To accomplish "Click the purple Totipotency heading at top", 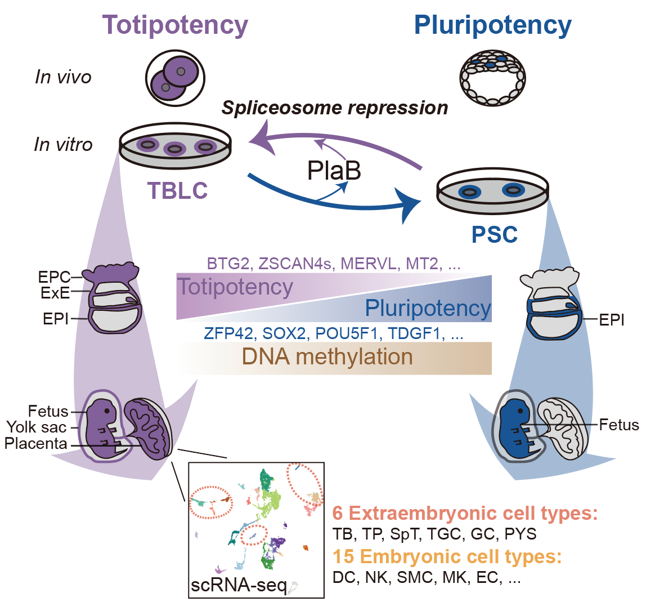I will pos(175,25).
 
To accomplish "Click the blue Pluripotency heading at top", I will pos(492,25).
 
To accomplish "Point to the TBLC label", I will pos(177,191).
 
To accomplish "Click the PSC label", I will pos(495,235).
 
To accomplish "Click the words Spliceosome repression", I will pos(335,108).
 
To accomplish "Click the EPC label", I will pos(54,277).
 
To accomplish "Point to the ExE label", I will pos(55,292).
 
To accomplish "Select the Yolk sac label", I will pos(37,427).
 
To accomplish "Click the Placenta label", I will pos(36,443).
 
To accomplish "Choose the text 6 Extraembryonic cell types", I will pos(464,513).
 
